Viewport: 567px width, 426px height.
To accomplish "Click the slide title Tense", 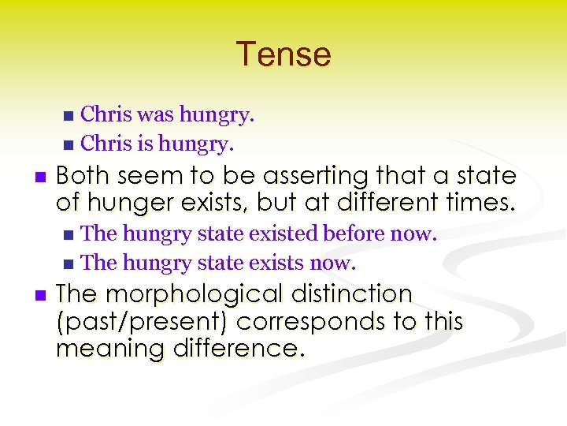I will tap(283, 54).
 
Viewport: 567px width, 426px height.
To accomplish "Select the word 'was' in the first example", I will tap(156, 115).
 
